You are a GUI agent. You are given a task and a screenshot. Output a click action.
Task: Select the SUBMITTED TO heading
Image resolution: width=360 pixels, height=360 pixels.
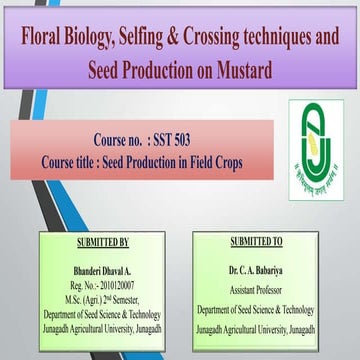coord(256,243)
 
